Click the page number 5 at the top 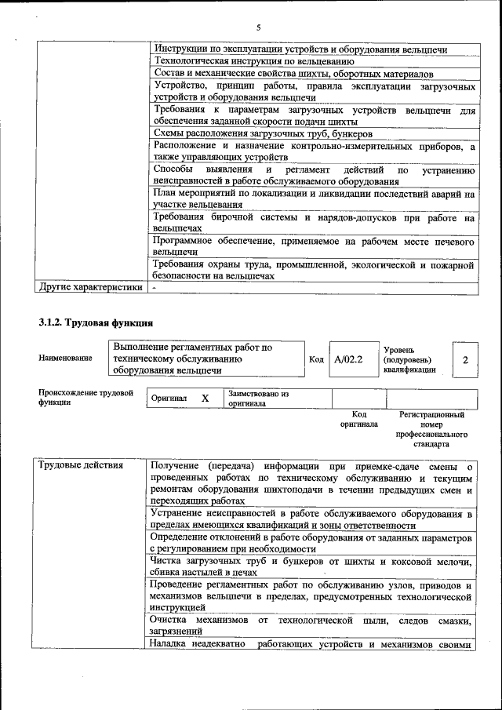pyautogui.click(x=258, y=27)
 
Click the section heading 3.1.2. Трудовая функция pyautogui.click(x=96, y=322)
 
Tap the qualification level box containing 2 pyautogui.click(x=465, y=359)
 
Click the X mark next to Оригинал pyautogui.click(x=205, y=398)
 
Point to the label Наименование pyautogui.click(x=65, y=359)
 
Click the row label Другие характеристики pyautogui.click(x=91, y=287)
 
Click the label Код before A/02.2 pyautogui.click(x=316, y=359)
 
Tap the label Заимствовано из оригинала pyautogui.click(x=259, y=398)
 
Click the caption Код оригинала pyautogui.click(x=358, y=419)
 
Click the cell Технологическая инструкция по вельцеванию pyautogui.click(x=254, y=60)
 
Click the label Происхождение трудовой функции pyautogui.click(x=85, y=397)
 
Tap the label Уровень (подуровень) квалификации pyautogui.click(x=409, y=359)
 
